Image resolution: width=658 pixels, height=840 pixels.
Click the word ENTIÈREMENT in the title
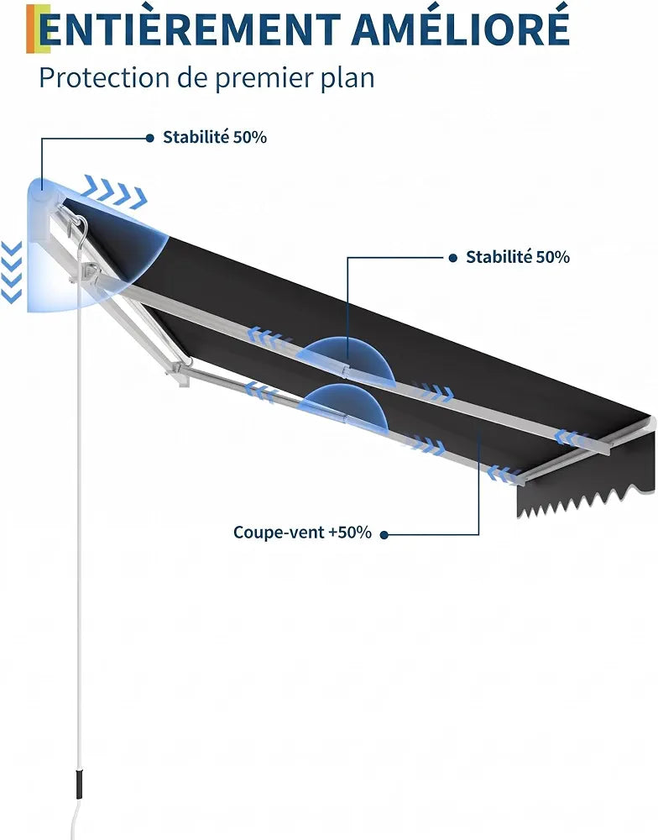pyautogui.click(x=190, y=29)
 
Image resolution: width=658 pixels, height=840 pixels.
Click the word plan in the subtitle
pyautogui.click(x=348, y=79)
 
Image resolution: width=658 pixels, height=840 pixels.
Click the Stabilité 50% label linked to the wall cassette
pyautogui.click(x=215, y=137)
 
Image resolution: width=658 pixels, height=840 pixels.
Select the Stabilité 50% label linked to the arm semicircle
pyautogui.click(x=518, y=257)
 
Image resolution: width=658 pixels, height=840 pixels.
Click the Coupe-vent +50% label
pyautogui.click(x=302, y=533)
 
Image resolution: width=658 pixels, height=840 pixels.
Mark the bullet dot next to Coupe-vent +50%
pyautogui.click(x=384, y=534)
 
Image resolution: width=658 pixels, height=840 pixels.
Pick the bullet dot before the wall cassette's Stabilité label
pyautogui.click(x=149, y=139)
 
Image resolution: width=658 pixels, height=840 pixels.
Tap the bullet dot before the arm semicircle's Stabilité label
pyautogui.click(x=453, y=258)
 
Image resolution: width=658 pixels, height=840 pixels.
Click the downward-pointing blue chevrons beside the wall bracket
pyautogui.click(x=11, y=272)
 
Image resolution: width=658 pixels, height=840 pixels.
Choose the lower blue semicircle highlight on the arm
pyautogui.click(x=342, y=406)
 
